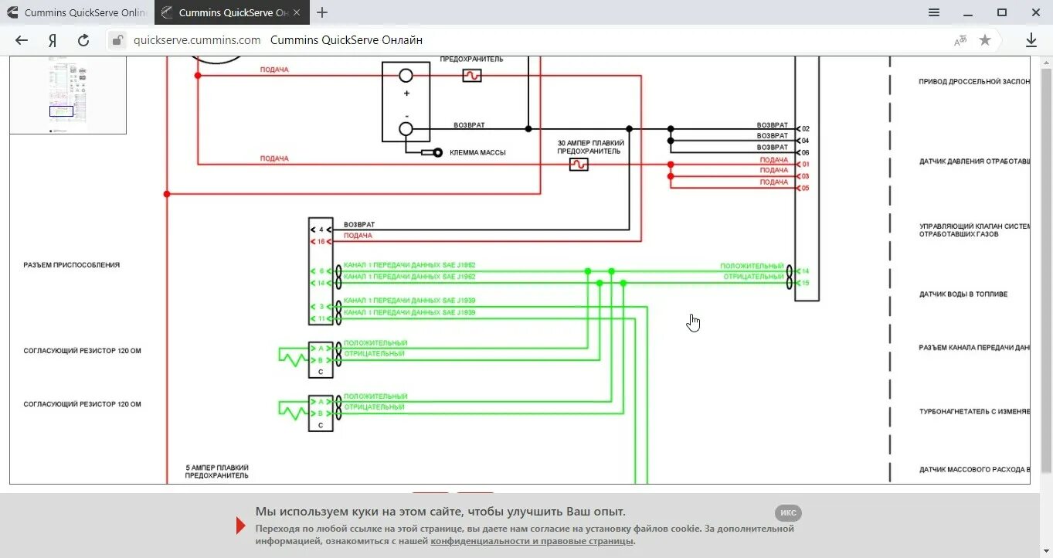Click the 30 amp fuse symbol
point(579,165)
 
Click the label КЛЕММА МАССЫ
point(477,153)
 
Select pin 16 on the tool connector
point(321,242)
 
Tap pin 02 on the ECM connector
point(805,128)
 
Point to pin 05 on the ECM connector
point(805,188)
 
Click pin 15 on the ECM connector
point(805,283)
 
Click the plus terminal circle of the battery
point(406,76)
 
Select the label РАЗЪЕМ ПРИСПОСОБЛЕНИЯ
point(72,265)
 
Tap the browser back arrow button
point(22,40)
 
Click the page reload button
point(83,40)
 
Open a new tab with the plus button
point(322,12)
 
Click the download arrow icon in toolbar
point(1031,40)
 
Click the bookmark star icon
point(984,40)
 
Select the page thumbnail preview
point(68,95)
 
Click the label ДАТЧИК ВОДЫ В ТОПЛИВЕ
point(963,294)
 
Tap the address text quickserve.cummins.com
point(197,40)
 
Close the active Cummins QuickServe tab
point(297,12)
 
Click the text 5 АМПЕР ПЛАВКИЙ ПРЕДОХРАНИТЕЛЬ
point(217,471)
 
